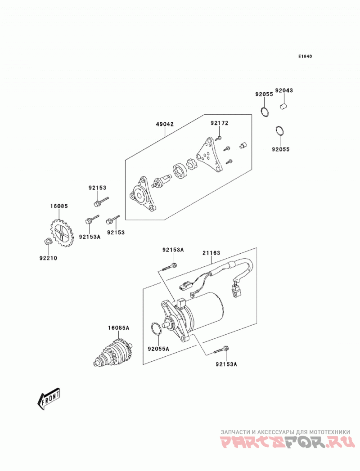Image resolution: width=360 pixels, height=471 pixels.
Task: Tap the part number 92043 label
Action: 284,90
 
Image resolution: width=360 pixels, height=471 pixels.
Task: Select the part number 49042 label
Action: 165,124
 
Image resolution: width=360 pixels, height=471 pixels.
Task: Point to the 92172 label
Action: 219,123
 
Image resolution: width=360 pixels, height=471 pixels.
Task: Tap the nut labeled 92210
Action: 48,241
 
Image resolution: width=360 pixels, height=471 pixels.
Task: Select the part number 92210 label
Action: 48,258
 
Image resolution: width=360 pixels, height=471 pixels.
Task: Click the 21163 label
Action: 211,253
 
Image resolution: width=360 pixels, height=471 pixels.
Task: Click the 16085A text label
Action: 118,327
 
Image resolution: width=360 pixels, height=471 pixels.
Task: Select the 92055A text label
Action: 158,349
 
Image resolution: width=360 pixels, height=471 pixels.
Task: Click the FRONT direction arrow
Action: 49,399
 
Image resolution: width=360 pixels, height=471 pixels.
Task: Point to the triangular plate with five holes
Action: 209,156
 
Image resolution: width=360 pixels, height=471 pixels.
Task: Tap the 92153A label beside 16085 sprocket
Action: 90,237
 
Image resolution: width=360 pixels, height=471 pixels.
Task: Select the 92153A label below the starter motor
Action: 226,364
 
